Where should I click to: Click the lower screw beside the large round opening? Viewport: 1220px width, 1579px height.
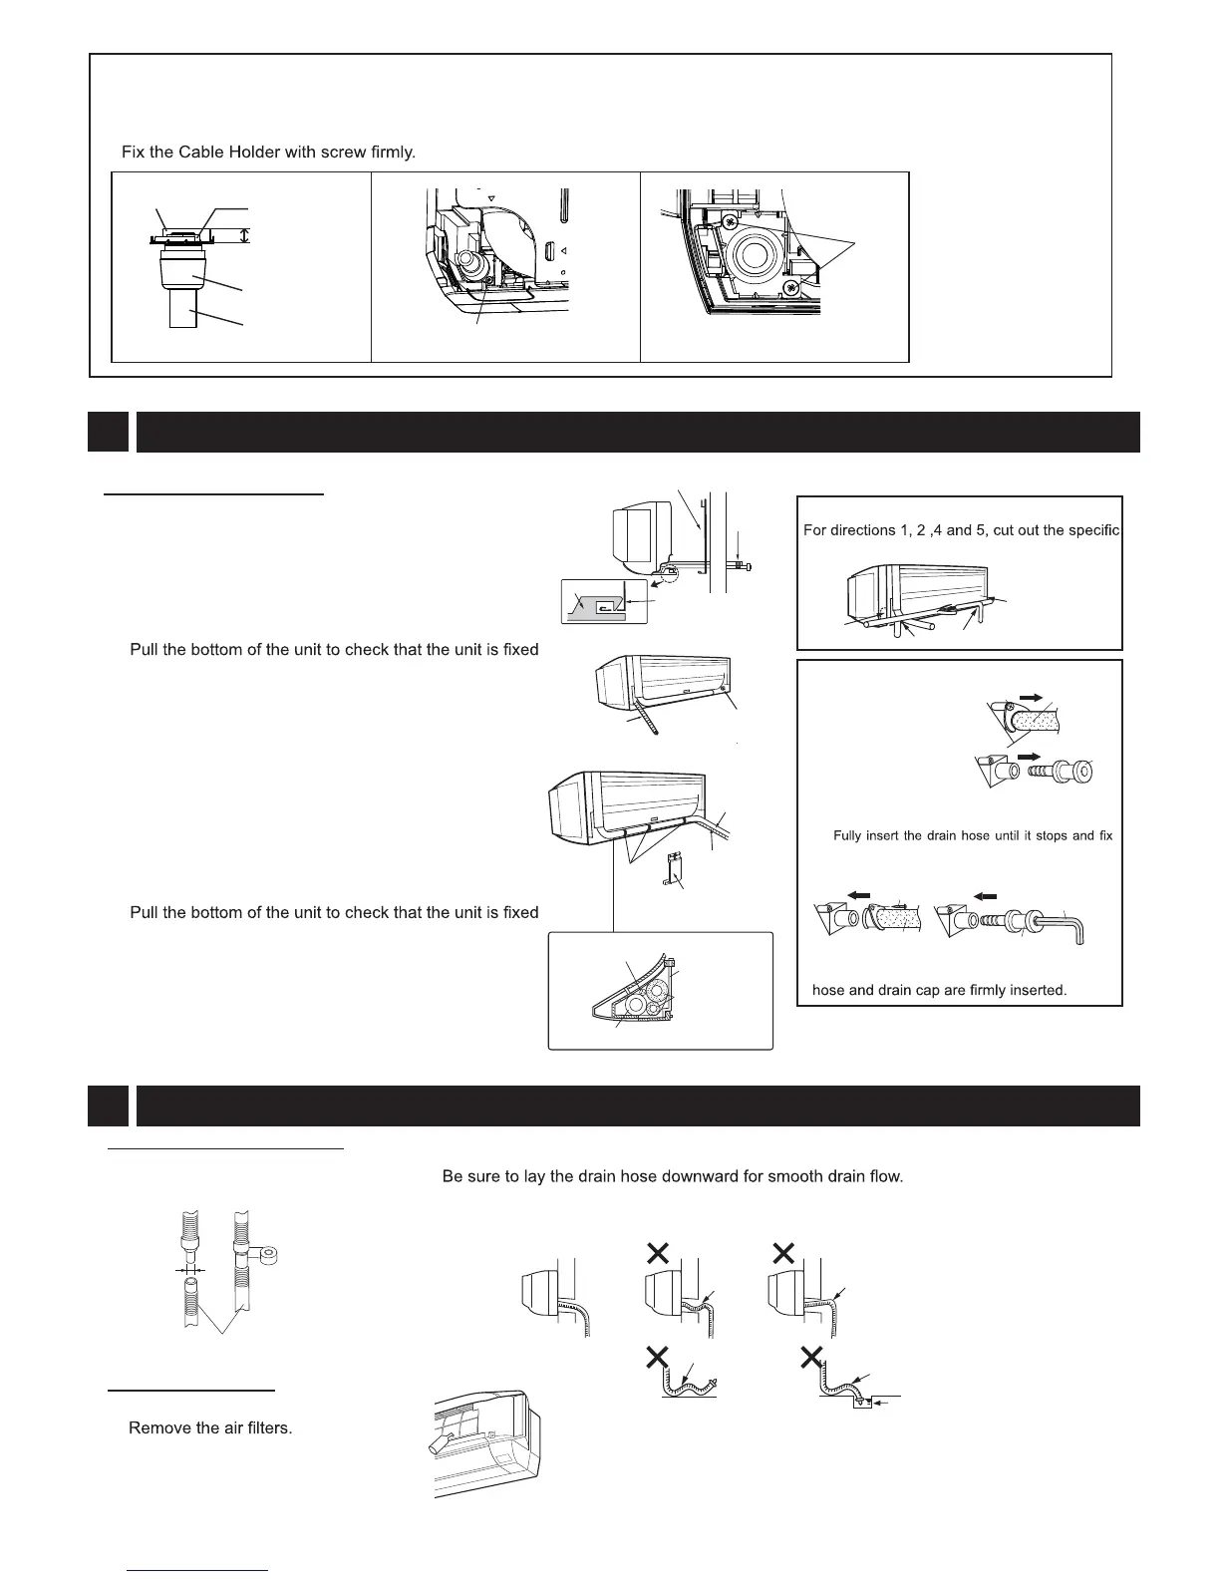click(791, 288)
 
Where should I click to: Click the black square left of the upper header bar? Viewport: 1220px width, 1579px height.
click(108, 432)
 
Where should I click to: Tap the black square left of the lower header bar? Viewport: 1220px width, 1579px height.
click(108, 1105)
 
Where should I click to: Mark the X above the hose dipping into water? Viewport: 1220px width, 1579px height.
click(812, 1355)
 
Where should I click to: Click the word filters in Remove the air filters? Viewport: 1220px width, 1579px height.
click(268, 1428)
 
